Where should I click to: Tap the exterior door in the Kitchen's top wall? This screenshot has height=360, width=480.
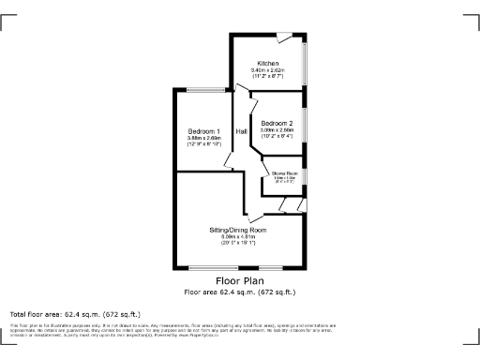point(283,37)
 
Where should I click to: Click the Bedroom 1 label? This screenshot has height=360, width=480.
point(203,131)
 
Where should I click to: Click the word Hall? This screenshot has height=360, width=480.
point(241,131)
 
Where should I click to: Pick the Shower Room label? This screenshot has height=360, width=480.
point(284,173)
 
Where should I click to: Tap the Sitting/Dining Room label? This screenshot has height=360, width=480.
point(237,230)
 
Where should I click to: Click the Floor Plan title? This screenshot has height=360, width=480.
point(238,281)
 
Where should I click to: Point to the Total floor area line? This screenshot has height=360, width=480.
point(75,314)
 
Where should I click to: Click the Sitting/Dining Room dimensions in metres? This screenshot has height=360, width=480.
point(237,237)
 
